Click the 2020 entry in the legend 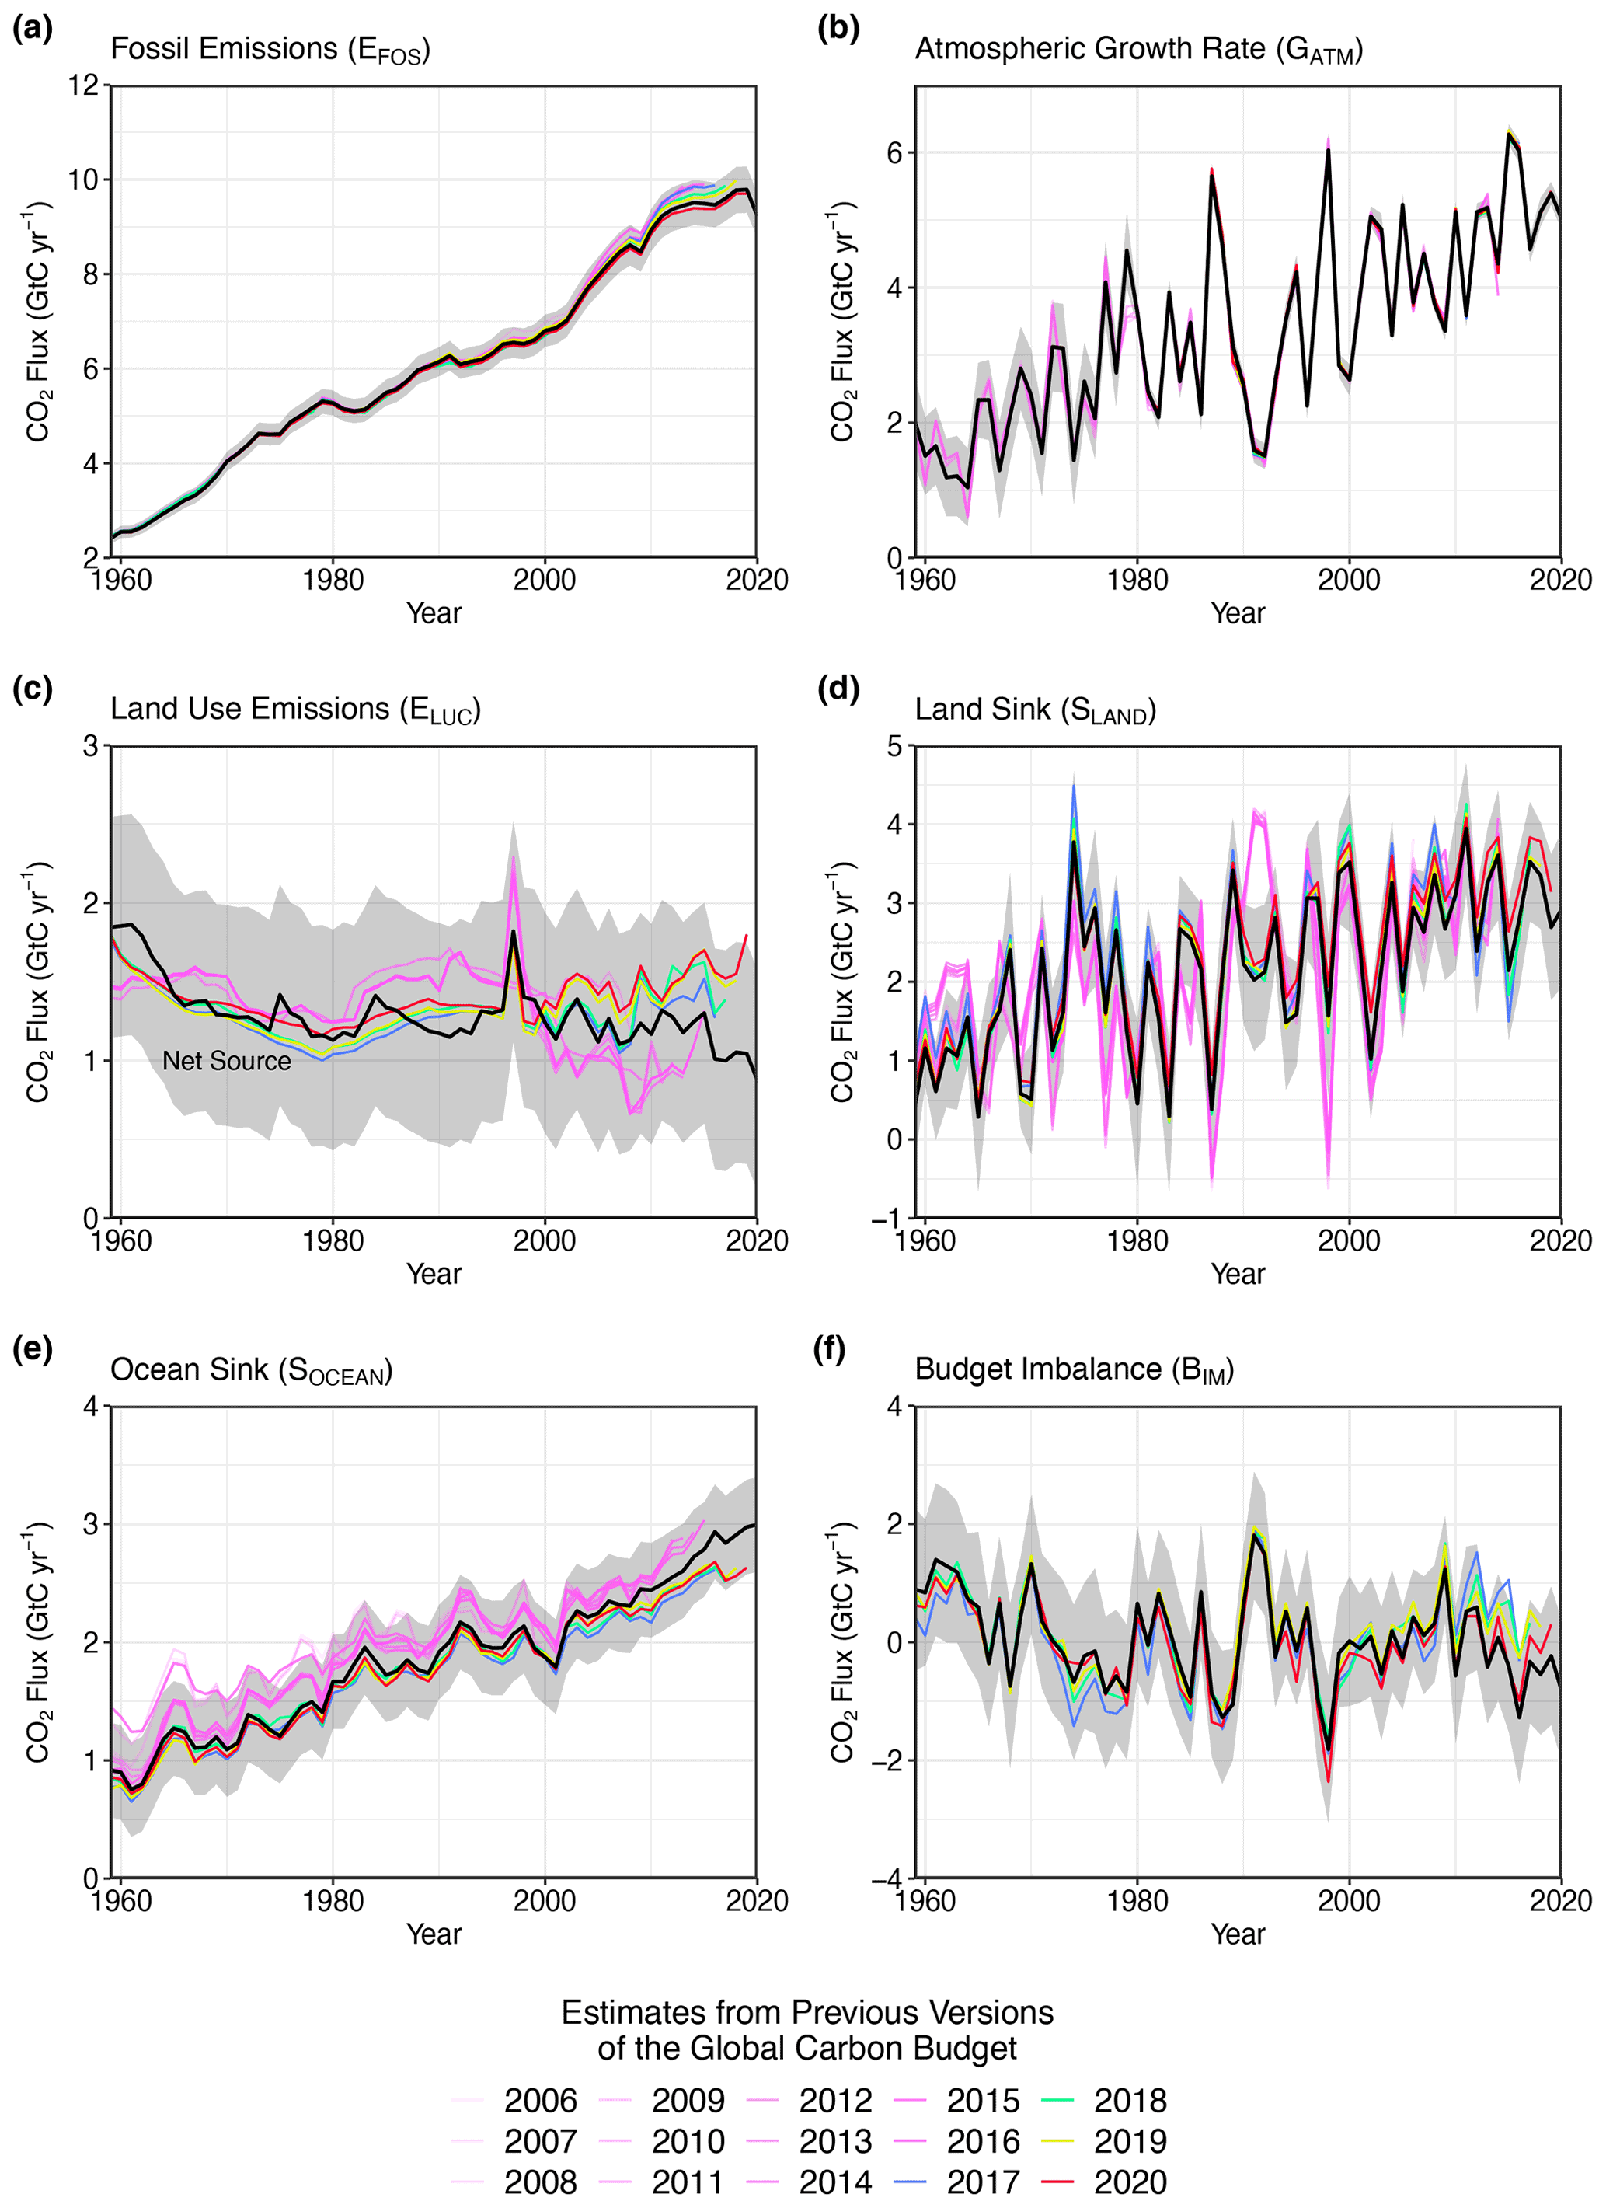point(1129,2182)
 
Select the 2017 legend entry point(982,2182)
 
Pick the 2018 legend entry point(1129,2100)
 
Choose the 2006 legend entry point(540,2100)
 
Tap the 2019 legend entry point(1129,2141)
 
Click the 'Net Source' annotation point(226,1060)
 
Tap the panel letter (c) point(32,689)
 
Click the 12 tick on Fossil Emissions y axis point(84,85)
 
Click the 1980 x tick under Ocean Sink point(333,1900)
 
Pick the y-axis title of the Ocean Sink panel point(38,1641)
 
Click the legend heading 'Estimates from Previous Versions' point(807,2012)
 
